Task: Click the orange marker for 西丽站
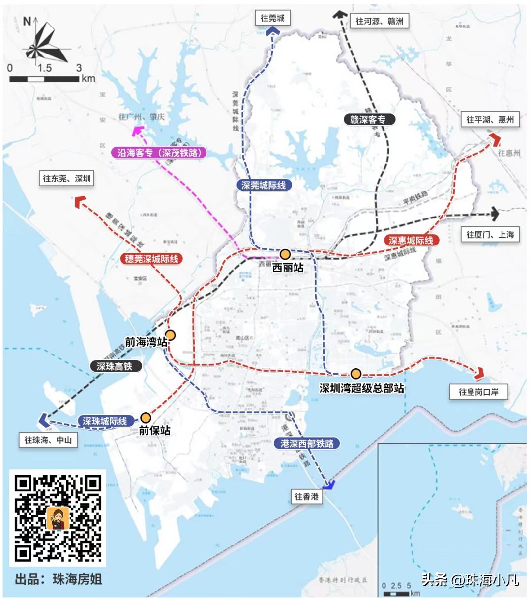[x=285, y=254]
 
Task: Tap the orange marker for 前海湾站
[x=170, y=336]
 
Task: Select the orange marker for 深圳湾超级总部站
[x=356, y=374]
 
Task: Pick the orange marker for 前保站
[x=145, y=418]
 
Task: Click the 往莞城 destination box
[x=272, y=18]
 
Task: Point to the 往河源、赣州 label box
[x=380, y=21]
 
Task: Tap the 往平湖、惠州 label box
[x=490, y=119]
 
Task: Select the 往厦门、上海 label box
[x=490, y=234]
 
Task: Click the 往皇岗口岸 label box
[x=478, y=392]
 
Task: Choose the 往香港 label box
[x=306, y=496]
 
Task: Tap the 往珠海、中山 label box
[x=48, y=440]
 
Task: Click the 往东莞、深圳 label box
[x=66, y=178]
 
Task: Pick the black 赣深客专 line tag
[x=368, y=119]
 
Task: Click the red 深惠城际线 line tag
[x=411, y=240]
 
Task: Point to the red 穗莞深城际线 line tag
[x=151, y=259]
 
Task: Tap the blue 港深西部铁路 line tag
[x=307, y=443]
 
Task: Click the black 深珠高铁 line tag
[x=115, y=366]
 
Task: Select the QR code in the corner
[x=58, y=518]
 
